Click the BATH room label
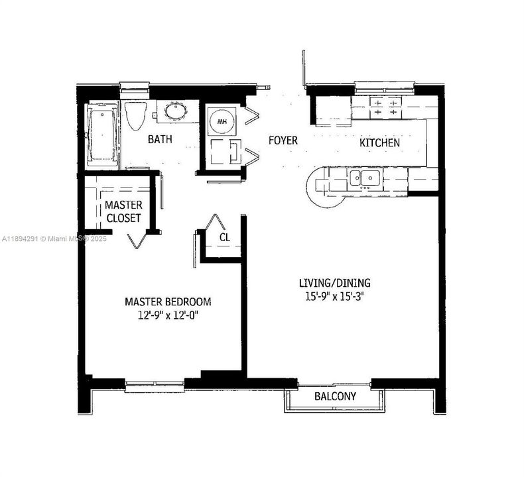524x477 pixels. (x=160, y=140)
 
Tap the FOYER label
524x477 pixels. (x=283, y=141)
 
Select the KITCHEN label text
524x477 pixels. (x=379, y=142)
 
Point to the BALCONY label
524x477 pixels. (x=335, y=397)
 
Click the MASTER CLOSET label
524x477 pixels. (x=123, y=211)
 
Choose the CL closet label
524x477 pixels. (x=225, y=237)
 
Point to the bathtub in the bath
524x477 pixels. (x=103, y=138)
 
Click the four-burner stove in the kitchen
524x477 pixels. (x=385, y=107)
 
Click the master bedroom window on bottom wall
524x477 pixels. (x=155, y=382)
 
